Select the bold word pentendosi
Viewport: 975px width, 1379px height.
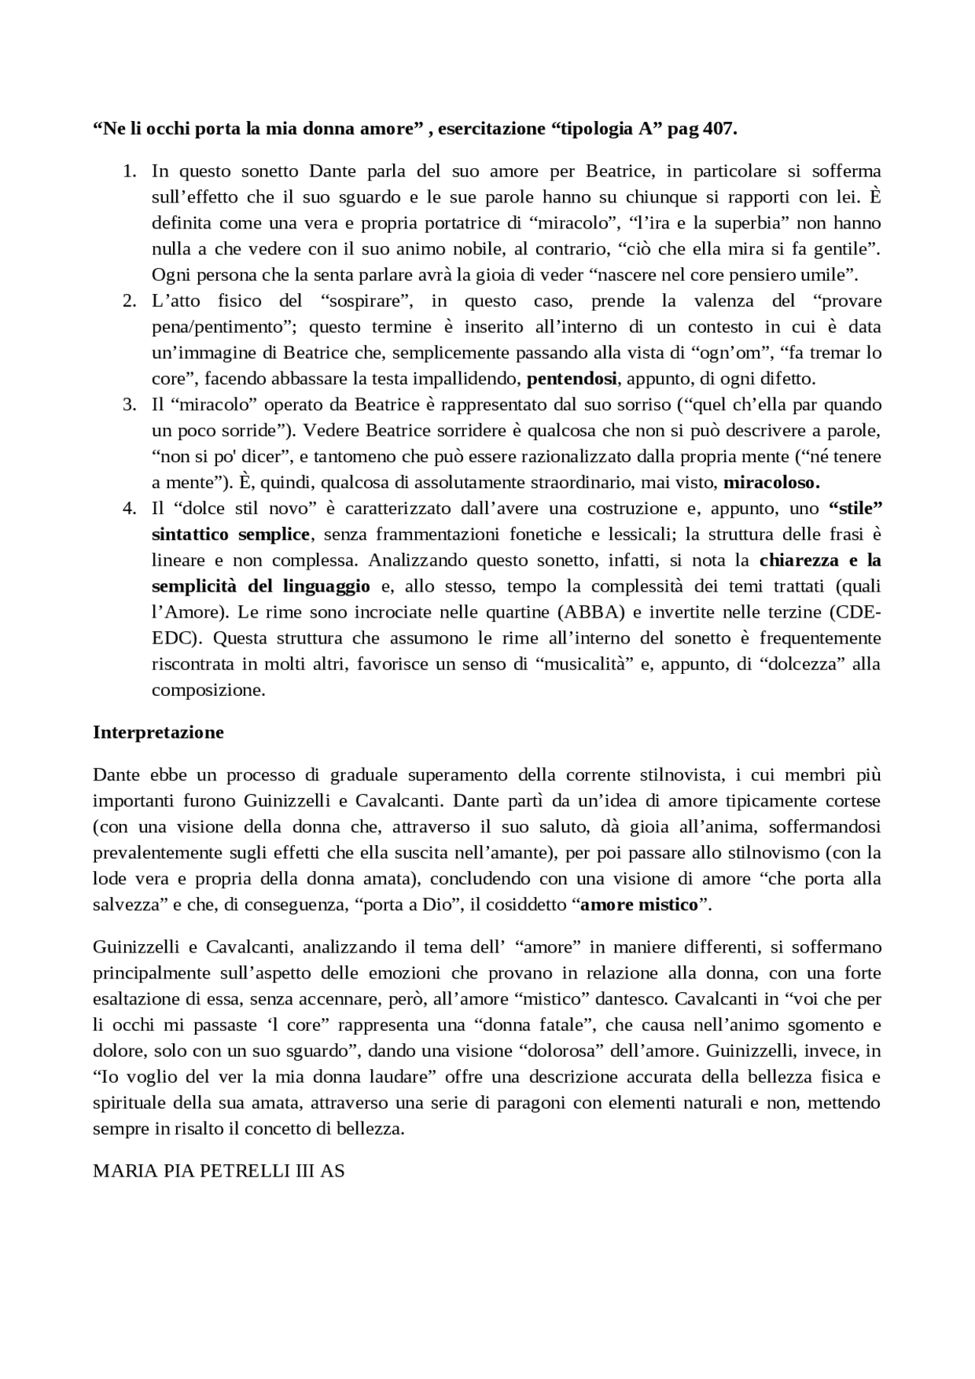pyautogui.click(x=572, y=378)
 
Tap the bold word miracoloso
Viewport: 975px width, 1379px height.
pyautogui.click(x=771, y=482)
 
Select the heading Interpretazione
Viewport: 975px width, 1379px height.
pyautogui.click(x=158, y=733)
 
